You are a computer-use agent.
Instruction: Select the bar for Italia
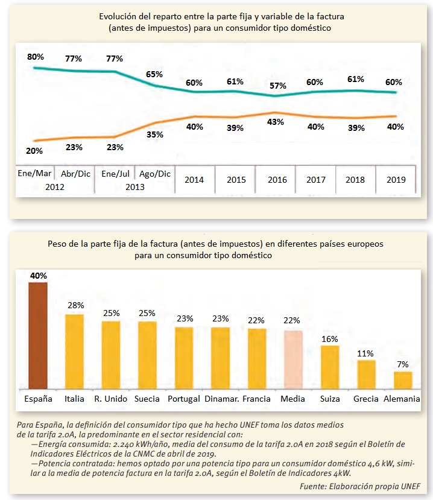(74, 352)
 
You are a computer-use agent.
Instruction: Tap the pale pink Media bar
(293, 359)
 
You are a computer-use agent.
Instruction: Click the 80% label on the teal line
(36, 57)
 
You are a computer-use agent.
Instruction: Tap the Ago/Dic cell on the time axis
(155, 174)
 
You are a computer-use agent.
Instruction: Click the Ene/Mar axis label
(34, 174)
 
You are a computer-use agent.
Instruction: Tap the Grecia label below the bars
(366, 399)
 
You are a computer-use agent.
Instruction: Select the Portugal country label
(184, 399)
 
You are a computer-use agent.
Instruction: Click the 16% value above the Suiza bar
(330, 338)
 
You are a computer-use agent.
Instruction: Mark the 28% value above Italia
(75, 306)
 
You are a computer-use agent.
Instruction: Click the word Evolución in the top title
(119, 17)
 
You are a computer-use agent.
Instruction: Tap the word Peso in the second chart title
(57, 245)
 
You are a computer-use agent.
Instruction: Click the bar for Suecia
(147, 355)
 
